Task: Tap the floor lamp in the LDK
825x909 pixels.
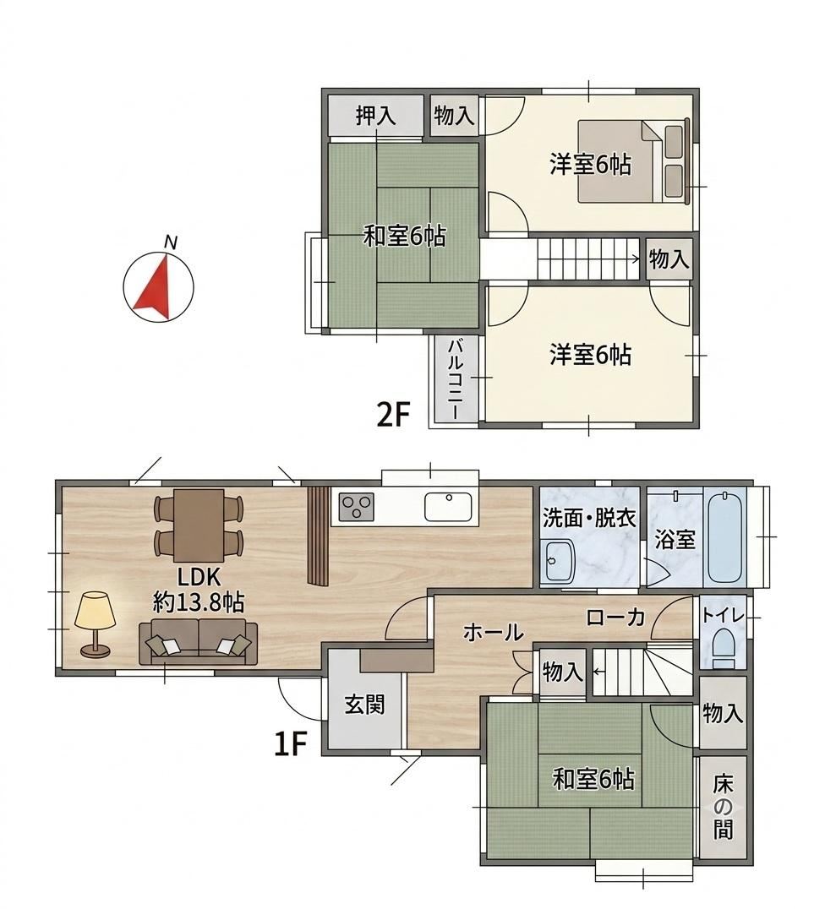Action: pyautogui.click(x=95, y=623)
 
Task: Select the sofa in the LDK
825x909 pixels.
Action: pyautogui.click(x=199, y=641)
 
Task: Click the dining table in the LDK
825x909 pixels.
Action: pyautogui.click(x=199, y=525)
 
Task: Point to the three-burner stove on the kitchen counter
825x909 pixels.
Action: pyautogui.click(x=356, y=507)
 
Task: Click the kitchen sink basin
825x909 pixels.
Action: pyautogui.click(x=447, y=506)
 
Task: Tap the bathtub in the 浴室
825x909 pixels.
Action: pyautogui.click(x=724, y=537)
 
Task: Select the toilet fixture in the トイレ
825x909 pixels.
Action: pyautogui.click(x=724, y=649)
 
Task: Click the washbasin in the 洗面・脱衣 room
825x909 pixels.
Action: pyautogui.click(x=558, y=561)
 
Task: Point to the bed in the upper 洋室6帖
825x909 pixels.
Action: pyautogui.click(x=635, y=161)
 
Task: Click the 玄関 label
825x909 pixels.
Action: pyautogui.click(x=364, y=705)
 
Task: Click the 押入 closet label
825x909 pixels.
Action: pyautogui.click(x=375, y=115)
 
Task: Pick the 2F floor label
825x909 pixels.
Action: pyautogui.click(x=393, y=415)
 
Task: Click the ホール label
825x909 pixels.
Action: pyautogui.click(x=493, y=632)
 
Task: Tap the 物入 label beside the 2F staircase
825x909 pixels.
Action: pyautogui.click(x=669, y=259)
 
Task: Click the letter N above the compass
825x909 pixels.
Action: pyautogui.click(x=170, y=242)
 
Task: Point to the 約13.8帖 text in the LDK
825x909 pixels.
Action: pyautogui.click(x=199, y=603)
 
